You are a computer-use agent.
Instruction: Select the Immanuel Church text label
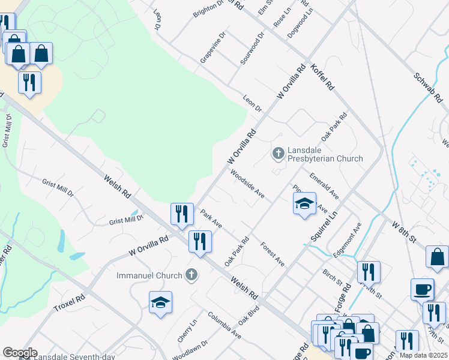click(149, 275)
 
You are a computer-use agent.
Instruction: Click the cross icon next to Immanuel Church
click(191, 275)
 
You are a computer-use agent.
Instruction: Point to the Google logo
click(20, 352)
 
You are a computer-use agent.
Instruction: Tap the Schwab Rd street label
click(428, 86)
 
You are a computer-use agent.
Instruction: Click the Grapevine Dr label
click(212, 47)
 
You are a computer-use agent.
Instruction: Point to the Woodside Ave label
click(248, 185)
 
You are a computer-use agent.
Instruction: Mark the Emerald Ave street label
click(324, 187)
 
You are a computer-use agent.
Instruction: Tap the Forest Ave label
click(273, 253)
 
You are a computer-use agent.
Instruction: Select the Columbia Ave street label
click(224, 325)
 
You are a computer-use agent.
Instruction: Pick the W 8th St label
click(403, 231)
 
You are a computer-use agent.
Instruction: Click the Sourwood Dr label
click(252, 48)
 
